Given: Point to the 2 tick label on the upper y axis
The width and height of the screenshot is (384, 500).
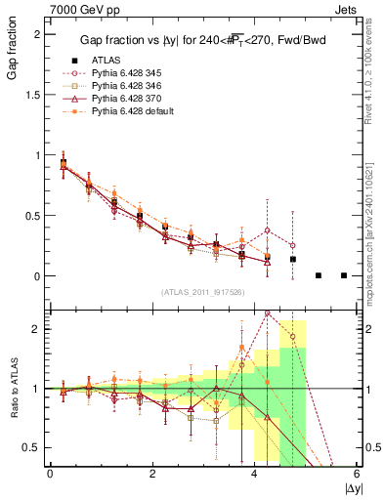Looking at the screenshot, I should pos(38,33).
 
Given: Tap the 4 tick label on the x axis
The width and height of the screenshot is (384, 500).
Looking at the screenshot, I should pos(255,474).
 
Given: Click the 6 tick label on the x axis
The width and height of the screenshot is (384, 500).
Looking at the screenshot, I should pos(358,474).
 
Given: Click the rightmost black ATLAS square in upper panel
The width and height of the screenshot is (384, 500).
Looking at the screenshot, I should pos(344,275).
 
